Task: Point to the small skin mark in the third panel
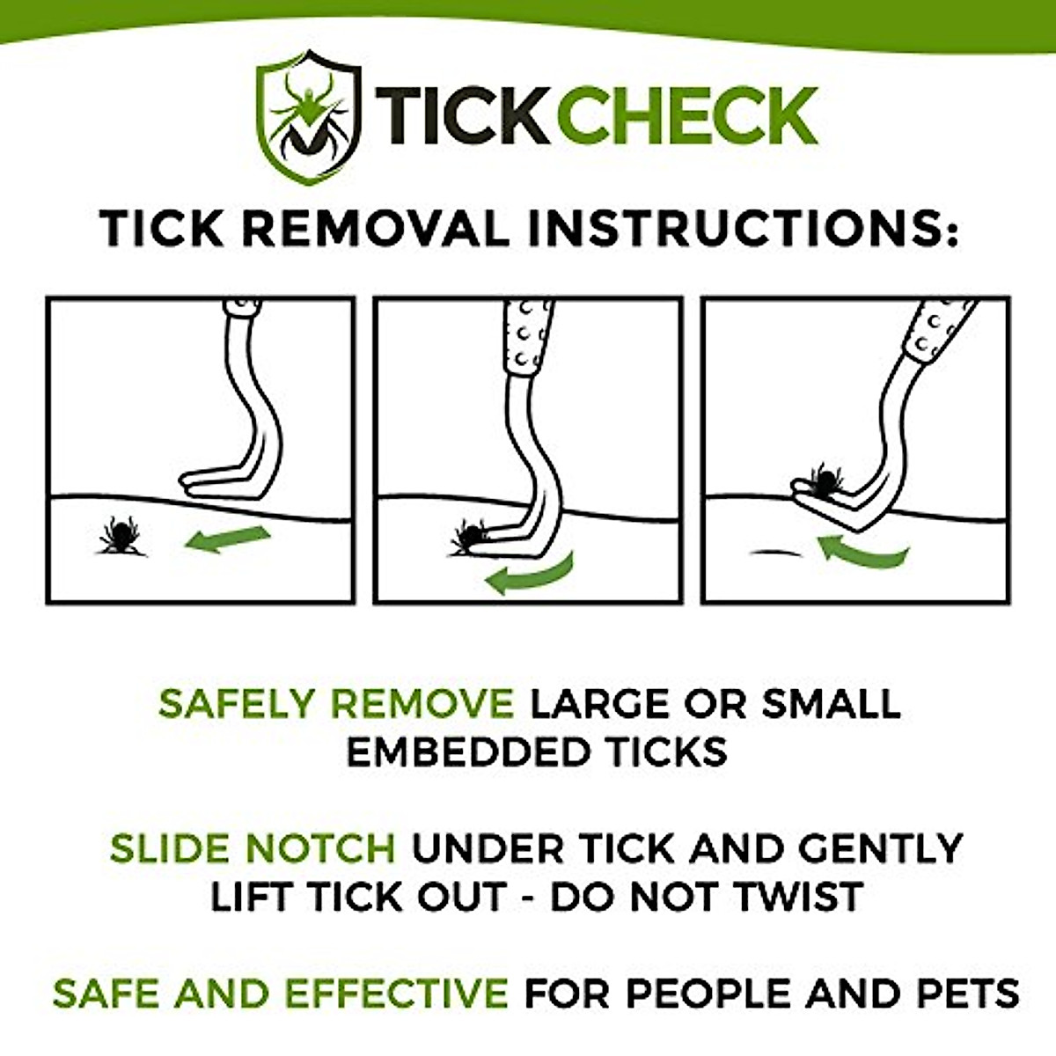pyautogui.click(x=775, y=553)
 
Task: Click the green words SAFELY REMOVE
pyautogui.click(x=336, y=704)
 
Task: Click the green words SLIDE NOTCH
pyautogui.click(x=253, y=849)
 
